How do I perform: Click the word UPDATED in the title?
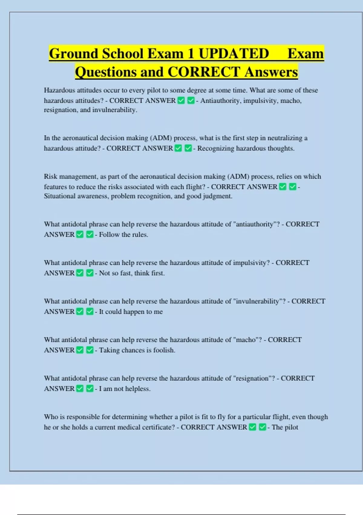(234, 54)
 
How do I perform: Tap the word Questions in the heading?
(106, 72)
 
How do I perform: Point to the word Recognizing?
(216, 148)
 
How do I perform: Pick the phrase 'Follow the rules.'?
(123, 234)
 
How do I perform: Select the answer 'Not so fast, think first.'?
(132, 273)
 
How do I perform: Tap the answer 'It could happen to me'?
(131, 311)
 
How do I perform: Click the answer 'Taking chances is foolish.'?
(137, 350)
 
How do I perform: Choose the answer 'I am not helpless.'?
(125, 389)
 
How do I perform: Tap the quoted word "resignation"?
(252, 378)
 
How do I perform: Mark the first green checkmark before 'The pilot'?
(253, 427)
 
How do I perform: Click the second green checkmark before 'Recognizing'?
(188, 148)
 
